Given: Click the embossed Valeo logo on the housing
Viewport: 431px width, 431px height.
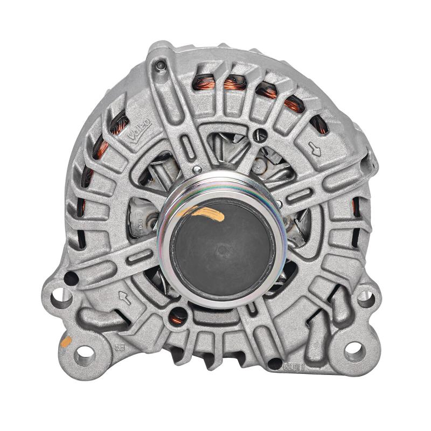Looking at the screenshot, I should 139,130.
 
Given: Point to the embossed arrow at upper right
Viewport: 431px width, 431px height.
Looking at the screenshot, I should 316,149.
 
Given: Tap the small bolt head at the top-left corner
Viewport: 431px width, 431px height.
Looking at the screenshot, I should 160,66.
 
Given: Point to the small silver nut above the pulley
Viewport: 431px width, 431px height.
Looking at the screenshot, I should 197,170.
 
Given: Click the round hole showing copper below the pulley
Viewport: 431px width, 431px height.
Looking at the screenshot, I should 177,317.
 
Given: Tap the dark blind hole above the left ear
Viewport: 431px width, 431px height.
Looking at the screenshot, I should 70,279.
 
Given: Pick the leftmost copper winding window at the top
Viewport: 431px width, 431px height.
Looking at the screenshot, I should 204,82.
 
